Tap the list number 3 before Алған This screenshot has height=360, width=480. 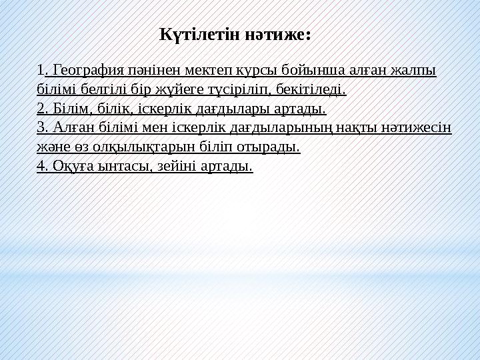click(41, 127)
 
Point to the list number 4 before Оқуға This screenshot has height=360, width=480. click(41, 165)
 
